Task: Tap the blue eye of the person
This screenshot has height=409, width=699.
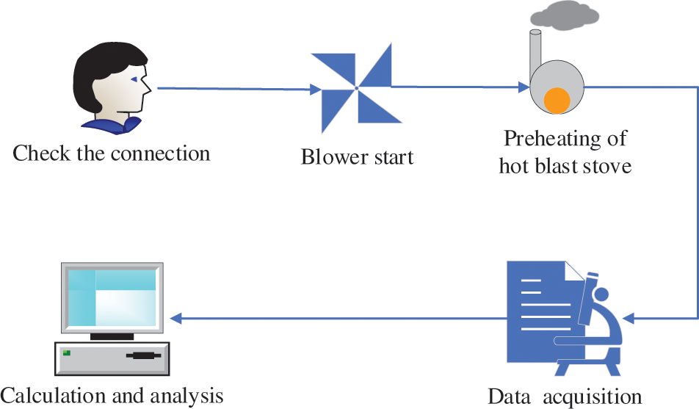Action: (134, 79)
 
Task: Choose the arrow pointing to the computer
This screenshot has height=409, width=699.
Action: (338, 319)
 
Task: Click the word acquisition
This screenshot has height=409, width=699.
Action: (593, 398)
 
